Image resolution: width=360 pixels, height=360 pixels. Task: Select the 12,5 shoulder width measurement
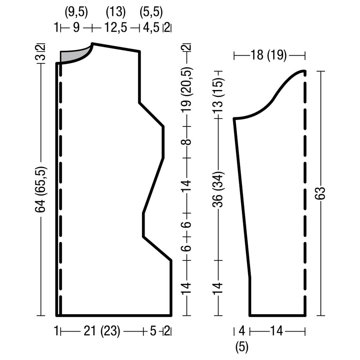tap(116, 28)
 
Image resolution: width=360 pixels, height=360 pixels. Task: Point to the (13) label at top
tap(116, 12)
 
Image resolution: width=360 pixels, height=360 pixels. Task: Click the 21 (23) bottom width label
tap(102, 332)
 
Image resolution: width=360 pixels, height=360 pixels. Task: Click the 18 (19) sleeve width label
tap(269, 55)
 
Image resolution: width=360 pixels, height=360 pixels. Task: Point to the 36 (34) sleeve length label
tap(218, 189)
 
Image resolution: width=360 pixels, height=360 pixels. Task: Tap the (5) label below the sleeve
tap(242, 347)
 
